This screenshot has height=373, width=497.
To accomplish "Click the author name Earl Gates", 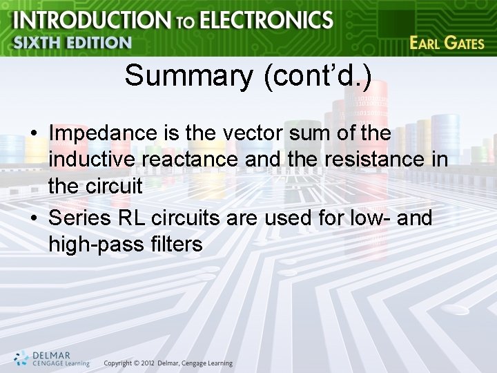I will coord(447,43).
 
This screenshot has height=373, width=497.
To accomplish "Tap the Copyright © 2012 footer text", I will coord(168,363).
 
